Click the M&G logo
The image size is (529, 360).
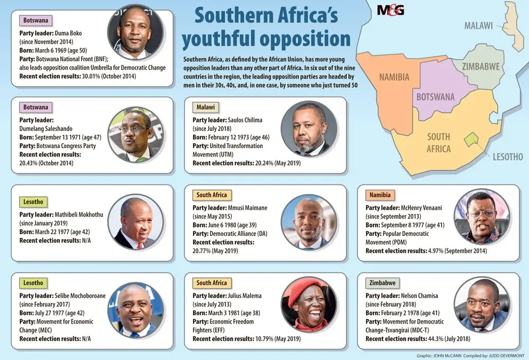[390, 10]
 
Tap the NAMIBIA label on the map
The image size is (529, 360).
[394, 77]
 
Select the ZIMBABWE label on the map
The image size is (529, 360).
[481, 67]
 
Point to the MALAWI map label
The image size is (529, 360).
[478, 25]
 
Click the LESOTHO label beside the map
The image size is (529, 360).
[508, 157]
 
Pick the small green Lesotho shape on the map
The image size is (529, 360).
[471, 140]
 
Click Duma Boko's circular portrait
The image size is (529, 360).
[135, 33]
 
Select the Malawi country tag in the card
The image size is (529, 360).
[205, 107]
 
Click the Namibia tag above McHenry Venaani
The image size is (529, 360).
[379, 195]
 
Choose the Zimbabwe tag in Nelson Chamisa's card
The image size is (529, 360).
[382, 283]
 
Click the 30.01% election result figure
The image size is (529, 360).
[91, 76]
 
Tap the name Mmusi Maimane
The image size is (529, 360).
[247, 208]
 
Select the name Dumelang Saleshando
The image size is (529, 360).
[46, 129]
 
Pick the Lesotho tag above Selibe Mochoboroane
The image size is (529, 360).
[33, 283]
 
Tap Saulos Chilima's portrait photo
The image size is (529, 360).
[309, 129]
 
